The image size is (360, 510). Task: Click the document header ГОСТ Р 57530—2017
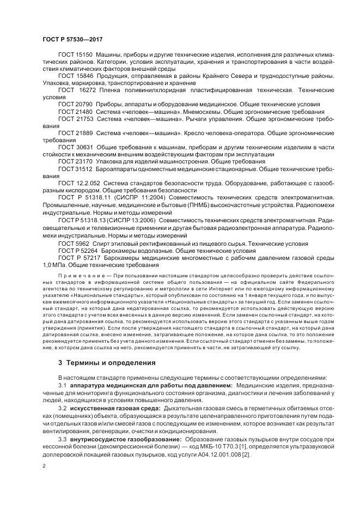(72, 40)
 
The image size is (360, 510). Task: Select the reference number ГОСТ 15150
(75, 56)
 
